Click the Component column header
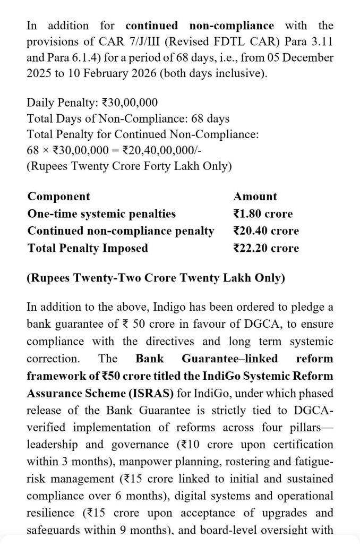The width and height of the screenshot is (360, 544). (x=58, y=197)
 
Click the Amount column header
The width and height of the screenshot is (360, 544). (x=255, y=197)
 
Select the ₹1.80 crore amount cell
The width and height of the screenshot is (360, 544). (x=262, y=214)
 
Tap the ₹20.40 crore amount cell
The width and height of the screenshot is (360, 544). (x=265, y=231)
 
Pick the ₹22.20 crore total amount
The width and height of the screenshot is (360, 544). (x=265, y=248)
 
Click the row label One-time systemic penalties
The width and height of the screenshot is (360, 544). (x=101, y=214)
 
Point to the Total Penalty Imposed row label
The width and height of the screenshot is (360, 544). (x=88, y=248)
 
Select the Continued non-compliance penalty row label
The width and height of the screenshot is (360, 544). (x=121, y=231)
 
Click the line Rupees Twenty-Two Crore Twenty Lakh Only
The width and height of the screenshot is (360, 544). (x=156, y=278)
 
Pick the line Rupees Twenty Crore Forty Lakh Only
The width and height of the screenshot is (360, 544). (x=129, y=166)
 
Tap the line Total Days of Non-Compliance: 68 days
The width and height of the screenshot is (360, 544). (x=128, y=119)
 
